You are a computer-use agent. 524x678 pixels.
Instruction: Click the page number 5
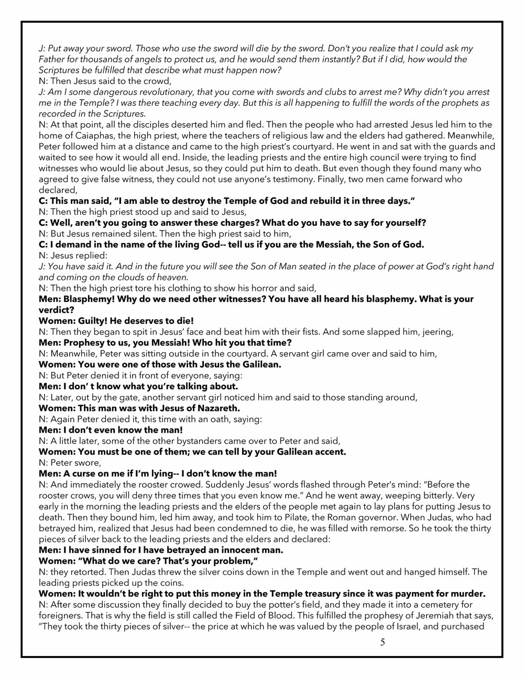point(383,642)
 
